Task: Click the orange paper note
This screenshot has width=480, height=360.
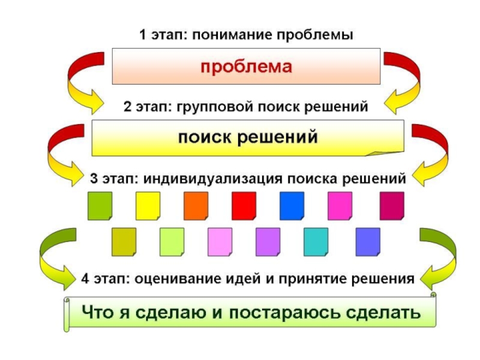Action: click(x=196, y=205)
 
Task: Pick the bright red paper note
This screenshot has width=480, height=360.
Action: click(x=244, y=205)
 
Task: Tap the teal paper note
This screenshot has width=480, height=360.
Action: click(x=316, y=241)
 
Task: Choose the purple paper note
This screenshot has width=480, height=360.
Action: click(x=268, y=241)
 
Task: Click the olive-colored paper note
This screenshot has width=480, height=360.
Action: click(x=124, y=241)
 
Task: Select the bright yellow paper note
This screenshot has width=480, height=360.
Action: click(x=148, y=205)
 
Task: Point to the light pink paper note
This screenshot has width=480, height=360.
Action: click(x=220, y=241)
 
